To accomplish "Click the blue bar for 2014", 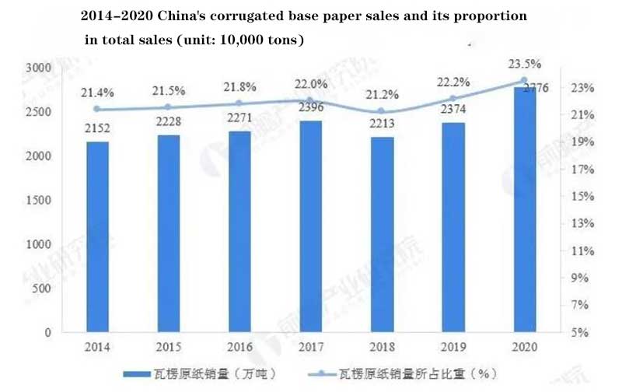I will click(x=97, y=237).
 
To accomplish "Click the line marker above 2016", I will click(x=239, y=103).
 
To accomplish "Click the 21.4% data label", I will click(x=96, y=93).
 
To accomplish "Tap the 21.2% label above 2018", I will click(x=381, y=96).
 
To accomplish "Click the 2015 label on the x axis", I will click(x=167, y=348).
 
